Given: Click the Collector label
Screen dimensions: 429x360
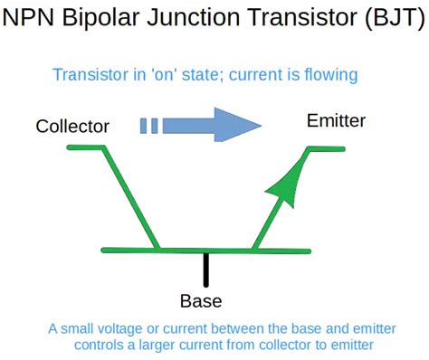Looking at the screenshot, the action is coord(72,127).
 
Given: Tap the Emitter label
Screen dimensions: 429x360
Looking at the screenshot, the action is coord(336,120).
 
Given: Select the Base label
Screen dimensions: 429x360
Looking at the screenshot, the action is coord(201,301).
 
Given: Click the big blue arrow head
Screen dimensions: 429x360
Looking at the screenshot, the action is coord(238,125).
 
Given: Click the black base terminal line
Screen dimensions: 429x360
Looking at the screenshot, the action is coord(206,270).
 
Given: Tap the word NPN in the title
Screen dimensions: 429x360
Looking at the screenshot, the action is coord(28,17).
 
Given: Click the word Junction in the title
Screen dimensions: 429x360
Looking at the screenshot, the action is coord(194,17).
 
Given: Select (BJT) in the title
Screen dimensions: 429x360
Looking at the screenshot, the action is coord(395,17).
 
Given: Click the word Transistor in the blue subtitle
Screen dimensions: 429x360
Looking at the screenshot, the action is coord(91,74).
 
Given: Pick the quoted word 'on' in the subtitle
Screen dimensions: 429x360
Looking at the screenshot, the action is coord(164,74).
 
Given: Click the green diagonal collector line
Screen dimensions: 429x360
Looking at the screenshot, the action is coord(131,198).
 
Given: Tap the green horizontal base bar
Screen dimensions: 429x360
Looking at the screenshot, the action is coord(206,251).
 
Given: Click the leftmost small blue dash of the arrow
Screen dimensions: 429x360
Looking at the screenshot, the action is coord(143,126).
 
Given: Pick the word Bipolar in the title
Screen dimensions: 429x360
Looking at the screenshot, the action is coord(101,17).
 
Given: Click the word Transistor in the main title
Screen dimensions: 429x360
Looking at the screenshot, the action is coord(303,17).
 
